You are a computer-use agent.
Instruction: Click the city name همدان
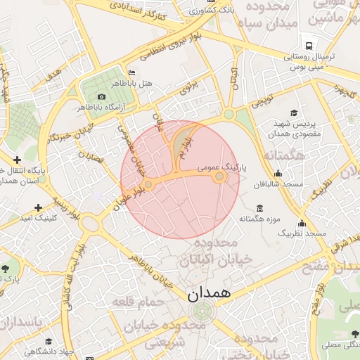209,293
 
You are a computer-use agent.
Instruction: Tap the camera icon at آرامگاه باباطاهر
103,96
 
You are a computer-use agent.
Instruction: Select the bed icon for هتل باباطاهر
132,73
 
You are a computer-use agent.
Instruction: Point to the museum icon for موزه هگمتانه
260,208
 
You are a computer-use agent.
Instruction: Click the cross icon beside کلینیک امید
38,207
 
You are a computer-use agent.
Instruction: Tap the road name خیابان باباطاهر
151,271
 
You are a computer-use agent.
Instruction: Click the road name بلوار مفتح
316,298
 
